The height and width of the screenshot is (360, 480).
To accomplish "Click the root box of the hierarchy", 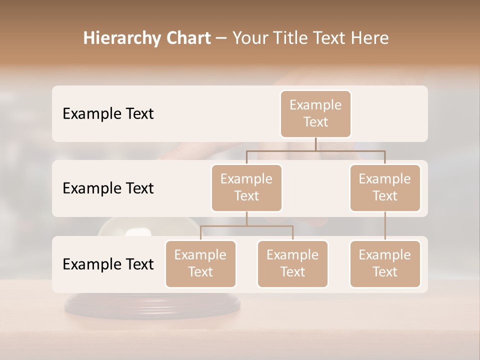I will tap(315, 114).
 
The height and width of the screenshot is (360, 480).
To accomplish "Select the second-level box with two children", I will tap(246, 188).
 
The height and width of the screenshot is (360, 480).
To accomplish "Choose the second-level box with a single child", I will tap(385, 188).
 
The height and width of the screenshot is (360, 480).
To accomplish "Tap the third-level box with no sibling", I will tap(385, 264).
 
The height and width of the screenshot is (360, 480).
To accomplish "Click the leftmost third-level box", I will tap(200, 264).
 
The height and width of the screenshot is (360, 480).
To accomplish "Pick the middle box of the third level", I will tap(292, 264).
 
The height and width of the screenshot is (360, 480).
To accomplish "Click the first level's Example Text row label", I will tap(108, 114).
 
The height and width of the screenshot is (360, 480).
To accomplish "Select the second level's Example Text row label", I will tap(108, 188).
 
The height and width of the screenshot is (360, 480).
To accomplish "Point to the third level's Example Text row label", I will tap(108, 264).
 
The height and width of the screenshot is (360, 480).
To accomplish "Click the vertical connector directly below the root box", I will tap(315, 144).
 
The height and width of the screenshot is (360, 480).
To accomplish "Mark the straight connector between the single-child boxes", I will tap(385, 226).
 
